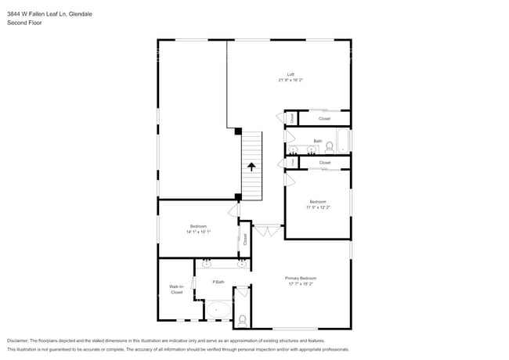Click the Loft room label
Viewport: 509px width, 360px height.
(x=291, y=74)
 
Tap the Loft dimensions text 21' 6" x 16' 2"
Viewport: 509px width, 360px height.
(x=291, y=80)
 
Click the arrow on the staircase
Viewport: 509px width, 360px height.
(x=251, y=166)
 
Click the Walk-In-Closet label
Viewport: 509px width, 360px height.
(x=176, y=290)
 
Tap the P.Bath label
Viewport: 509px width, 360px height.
(x=219, y=282)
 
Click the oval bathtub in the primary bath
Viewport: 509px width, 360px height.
(x=218, y=310)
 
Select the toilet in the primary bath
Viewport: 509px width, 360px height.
(x=242, y=319)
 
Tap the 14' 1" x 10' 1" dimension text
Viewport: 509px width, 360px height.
(x=198, y=232)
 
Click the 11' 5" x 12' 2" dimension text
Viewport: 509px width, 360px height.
(x=317, y=207)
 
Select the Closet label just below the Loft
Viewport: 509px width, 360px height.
(x=324, y=119)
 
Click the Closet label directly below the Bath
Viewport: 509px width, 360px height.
(x=324, y=163)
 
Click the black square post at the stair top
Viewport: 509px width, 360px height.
(x=239, y=131)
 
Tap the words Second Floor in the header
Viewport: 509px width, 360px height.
(x=26, y=23)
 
